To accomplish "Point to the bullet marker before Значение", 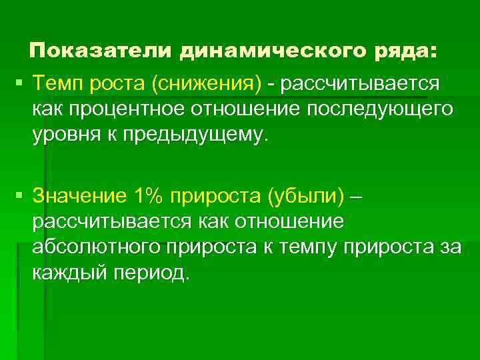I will (x=20, y=195).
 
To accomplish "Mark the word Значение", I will (x=79, y=195).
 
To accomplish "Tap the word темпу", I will (x=306, y=247).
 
